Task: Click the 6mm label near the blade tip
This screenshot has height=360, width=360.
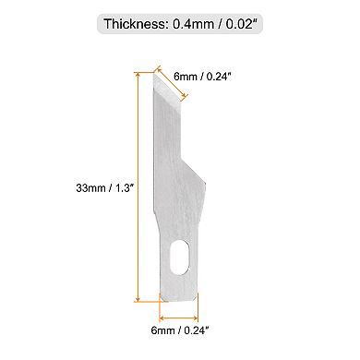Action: coord(184,78)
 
